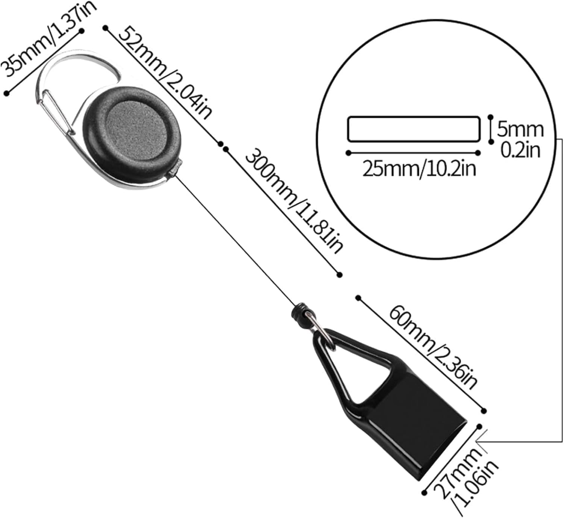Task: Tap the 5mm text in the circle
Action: tap(520, 129)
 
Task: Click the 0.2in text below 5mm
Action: tap(521, 150)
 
